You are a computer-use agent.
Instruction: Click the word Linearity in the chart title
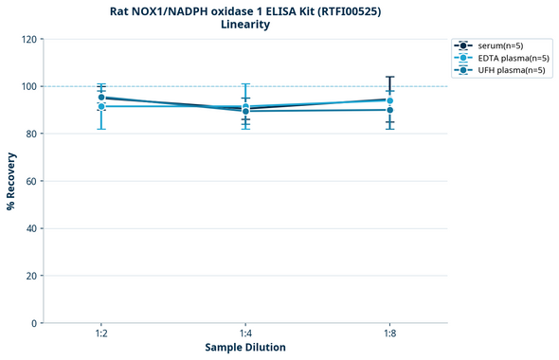[x=245, y=25]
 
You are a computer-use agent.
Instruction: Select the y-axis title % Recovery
[x=11, y=180]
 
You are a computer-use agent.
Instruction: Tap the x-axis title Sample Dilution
[x=245, y=348]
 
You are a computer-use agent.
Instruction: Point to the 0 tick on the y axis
[x=34, y=323]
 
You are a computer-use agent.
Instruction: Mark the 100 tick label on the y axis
[x=28, y=86]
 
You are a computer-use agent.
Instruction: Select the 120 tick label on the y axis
[x=28, y=39]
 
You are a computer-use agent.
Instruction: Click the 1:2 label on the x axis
[x=101, y=333]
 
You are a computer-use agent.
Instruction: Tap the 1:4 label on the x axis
[x=245, y=333]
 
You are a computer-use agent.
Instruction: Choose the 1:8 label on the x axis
[x=389, y=333]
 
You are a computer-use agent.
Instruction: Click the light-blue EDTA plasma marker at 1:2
[x=101, y=106]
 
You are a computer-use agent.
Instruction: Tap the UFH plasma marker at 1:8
[x=389, y=110]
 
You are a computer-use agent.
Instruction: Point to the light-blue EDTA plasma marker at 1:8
[x=389, y=100]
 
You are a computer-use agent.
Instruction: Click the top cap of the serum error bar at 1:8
[x=389, y=77]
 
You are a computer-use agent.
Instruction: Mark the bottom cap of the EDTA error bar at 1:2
[x=101, y=129]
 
